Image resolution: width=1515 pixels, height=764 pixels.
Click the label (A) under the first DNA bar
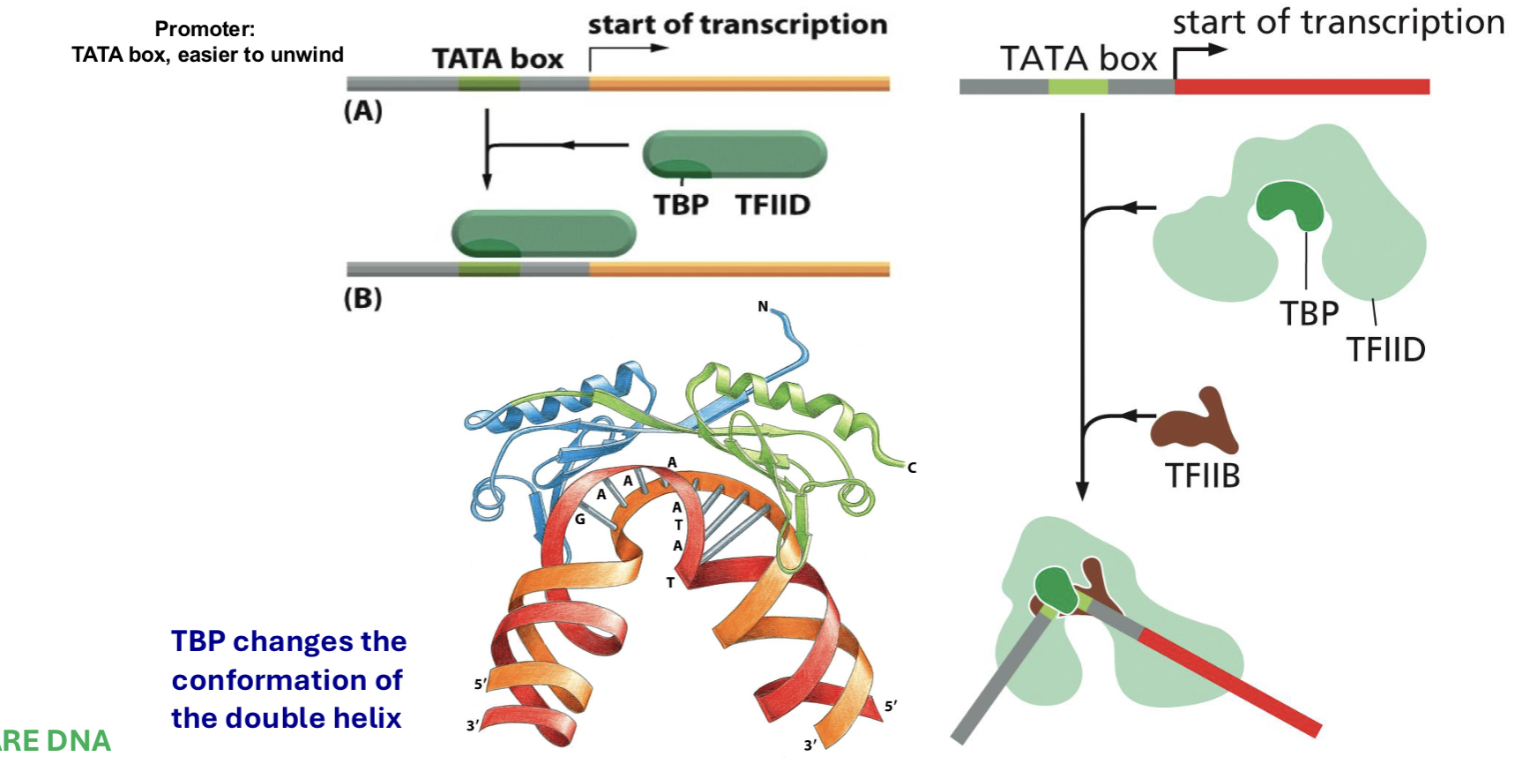pyautogui.click(x=362, y=111)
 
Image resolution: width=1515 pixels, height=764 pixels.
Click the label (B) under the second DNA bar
pyautogui.click(x=362, y=298)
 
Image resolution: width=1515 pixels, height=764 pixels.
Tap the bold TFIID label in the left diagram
pyautogui.click(x=772, y=205)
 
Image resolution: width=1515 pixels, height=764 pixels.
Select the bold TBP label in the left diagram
pyautogui.click(x=681, y=205)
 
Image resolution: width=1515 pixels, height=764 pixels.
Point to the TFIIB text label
pyautogui.click(x=1202, y=476)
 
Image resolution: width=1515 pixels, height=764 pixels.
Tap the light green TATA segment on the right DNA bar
pyautogui.click(x=1078, y=86)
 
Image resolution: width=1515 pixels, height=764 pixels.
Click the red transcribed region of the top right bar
pyautogui.click(x=1301, y=86)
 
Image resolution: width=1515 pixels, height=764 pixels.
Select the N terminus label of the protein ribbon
pyautogui.click(x=763, y=307)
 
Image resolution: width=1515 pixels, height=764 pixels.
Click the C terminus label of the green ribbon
pyautogui.click(x=912, y=468)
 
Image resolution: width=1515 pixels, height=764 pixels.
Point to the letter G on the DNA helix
pyautogui.click(x=579, y=520)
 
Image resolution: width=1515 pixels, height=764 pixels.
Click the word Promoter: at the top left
pyautogui.click(x=205, y=29)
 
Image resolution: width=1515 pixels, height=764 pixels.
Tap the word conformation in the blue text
pyautogui.click(x=287, y=680)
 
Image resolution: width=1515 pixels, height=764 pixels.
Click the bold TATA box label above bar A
pyautogui.click(x=497, y=59)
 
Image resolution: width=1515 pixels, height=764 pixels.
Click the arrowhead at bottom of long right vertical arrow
pyautogui.click(x=1082, y=491)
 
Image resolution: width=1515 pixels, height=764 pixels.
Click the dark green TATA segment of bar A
pyautogui.click(x=489, y=84)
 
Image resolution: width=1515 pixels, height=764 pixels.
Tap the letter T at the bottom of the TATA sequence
pyautogui.click(x=670, y=582)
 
